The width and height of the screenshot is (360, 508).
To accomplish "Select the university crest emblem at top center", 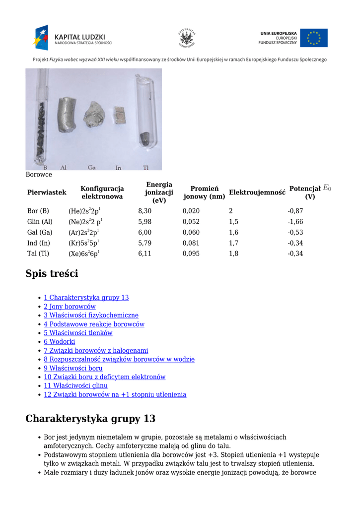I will click(186, 38).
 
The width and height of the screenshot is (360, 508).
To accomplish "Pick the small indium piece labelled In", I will click(119, 115).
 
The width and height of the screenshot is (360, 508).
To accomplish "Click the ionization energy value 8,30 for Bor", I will click(144, 211).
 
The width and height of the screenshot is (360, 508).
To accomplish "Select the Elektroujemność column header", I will click(257, 192).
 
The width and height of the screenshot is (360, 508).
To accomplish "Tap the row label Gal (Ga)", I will click(40, 232).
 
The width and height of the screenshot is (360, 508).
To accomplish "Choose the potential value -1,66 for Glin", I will click(295, 222).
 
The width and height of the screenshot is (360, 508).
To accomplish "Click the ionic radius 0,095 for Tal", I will click(191, 254).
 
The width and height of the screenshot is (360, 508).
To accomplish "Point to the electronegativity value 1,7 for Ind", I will click(233, 243).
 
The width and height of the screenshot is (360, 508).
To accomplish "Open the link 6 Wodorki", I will click(59, 341).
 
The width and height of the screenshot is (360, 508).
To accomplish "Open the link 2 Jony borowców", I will click(70, 307).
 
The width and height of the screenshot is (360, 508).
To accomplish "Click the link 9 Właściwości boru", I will click(73, 368).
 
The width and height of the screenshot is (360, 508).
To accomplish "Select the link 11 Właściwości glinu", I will click(75, 385).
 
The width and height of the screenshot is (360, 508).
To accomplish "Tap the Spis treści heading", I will click(52, 274).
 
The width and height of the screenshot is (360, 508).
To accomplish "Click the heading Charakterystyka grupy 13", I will click(90, 419).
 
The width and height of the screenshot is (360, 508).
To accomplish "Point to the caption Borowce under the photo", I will click(39, 175).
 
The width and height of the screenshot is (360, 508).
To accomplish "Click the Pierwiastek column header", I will click(47, 192).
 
